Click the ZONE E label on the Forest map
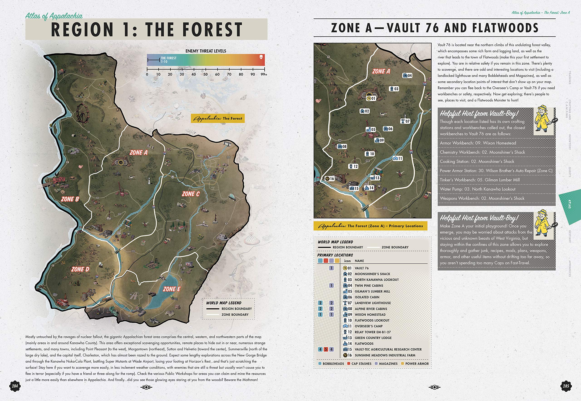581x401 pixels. (172, 289)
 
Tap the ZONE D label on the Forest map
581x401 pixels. (80, 269)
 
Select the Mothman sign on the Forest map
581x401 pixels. (59, 180)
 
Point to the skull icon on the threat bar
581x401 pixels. (261, 58)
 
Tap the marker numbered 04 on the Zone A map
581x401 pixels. (407, 75)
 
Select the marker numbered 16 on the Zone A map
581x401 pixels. (330, 179)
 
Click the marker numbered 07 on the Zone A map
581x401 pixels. (405, 121)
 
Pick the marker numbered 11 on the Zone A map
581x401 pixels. (398, 158)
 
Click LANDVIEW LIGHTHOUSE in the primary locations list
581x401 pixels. (373, 303)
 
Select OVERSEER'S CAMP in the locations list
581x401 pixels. (369, 326)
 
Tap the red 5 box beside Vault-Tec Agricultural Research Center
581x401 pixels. (326, 349)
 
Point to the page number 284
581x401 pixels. (15, 386)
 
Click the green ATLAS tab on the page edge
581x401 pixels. (569, 204)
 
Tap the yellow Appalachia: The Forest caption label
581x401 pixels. (217, 118)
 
